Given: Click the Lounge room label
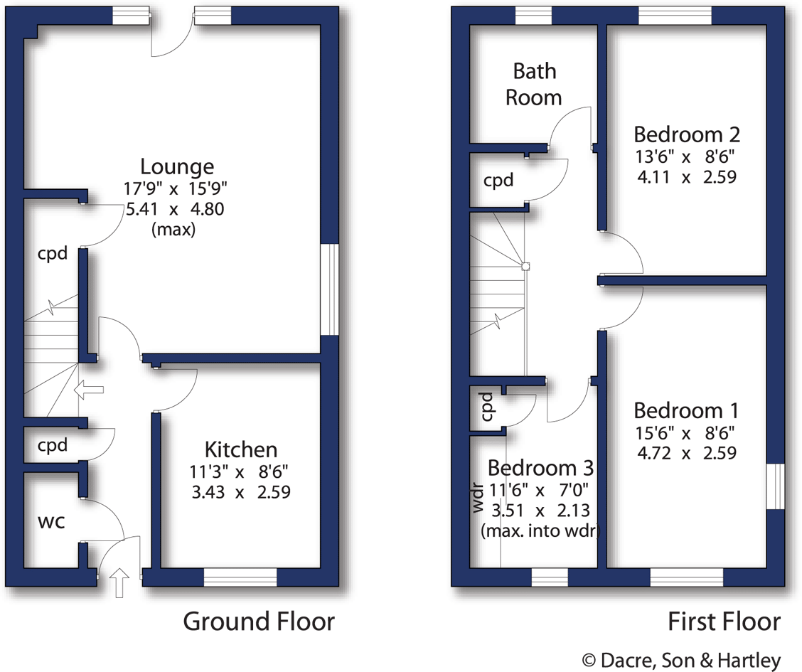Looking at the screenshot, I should coord(177,166).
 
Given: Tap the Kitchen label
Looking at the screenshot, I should coord(240,449).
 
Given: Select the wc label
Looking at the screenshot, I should coord(51,521).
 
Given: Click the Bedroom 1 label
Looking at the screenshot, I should coord(686,410).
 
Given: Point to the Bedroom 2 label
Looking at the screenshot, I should coord(687,134).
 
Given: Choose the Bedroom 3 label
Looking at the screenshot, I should coord(540,468).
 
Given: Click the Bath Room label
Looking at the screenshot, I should coord(534,84).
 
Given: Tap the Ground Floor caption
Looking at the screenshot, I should coord(259,622).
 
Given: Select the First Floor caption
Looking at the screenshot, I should coord(724,622).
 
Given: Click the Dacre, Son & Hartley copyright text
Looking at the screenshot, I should coord(681,660).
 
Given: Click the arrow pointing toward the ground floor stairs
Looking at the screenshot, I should coord(90,390).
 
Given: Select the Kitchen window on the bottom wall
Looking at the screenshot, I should coord(240,577).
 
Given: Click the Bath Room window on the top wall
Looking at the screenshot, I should coord(534,16).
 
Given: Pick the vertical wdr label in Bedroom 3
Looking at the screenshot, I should coord(478,498).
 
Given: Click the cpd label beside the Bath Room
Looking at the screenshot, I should coord(498,181).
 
